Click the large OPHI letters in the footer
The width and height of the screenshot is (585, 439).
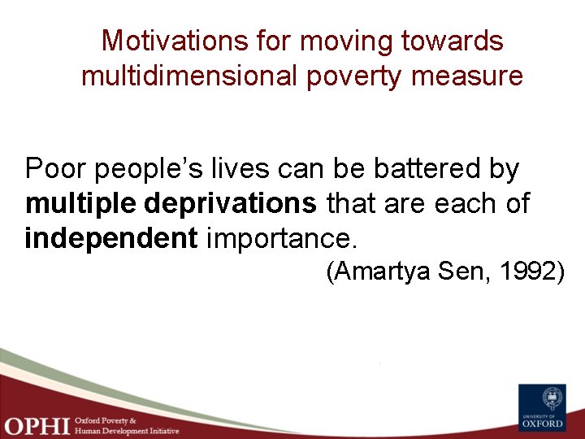[x=36, y=424]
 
